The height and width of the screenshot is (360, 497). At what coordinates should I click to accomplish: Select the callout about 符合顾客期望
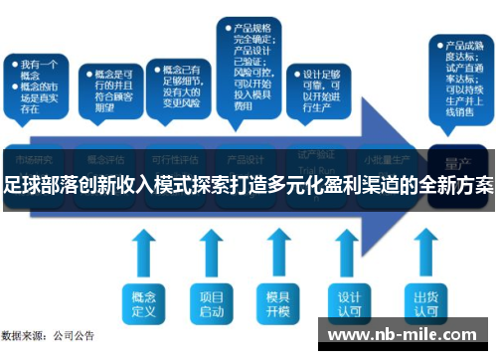click(x=109, y=89)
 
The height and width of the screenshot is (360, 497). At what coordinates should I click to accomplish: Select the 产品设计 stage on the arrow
click(x=246, y=158)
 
